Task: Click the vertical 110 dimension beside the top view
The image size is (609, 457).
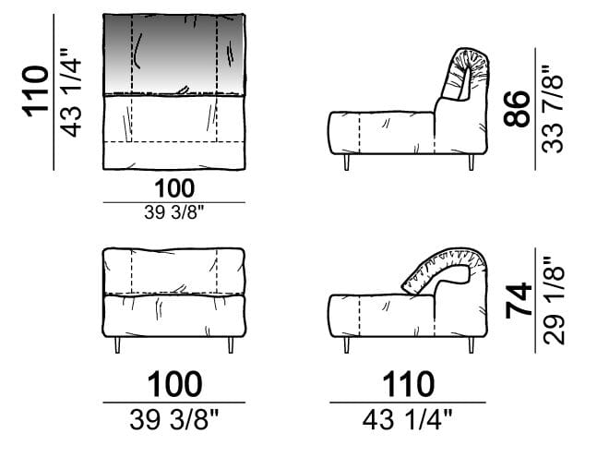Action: click(36, 91)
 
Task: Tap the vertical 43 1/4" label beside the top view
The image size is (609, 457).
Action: click(72, 92)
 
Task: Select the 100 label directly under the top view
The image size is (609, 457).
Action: click(174, 188)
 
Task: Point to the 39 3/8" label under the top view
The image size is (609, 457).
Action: click(174, 212)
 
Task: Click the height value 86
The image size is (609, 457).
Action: click(517, 108)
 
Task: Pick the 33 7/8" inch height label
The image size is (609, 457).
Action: click(553, 109)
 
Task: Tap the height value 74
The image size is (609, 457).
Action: click(519, 300)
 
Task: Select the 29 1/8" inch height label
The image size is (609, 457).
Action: click(553, 300)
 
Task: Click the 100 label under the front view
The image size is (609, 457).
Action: click(174, 384)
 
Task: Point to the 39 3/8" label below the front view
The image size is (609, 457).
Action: click(174, 420)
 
